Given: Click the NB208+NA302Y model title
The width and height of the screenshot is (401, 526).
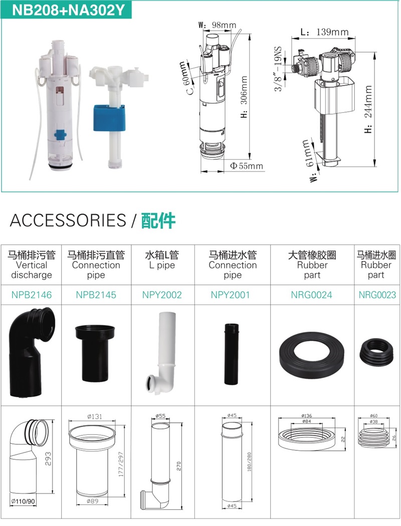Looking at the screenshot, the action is [68, 10].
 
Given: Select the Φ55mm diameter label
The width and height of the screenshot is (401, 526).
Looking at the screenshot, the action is [247, 166].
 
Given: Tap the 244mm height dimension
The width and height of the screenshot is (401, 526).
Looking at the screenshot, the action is [368, 109].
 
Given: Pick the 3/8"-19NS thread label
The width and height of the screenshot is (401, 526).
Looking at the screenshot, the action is [278, 69].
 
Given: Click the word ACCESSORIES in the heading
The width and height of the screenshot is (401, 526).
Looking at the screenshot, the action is [68, 220].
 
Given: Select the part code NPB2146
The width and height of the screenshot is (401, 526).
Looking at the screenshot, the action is [32, 295].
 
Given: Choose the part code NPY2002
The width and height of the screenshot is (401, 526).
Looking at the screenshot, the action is [162, 295].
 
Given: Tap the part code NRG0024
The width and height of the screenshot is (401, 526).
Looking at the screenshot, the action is [311, 295].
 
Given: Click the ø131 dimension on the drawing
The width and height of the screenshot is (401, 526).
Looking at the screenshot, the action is [94, 416].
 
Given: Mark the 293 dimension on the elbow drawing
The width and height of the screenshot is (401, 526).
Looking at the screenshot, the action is [48, 459].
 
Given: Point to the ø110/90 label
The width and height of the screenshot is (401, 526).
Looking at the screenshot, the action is [23, 501].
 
